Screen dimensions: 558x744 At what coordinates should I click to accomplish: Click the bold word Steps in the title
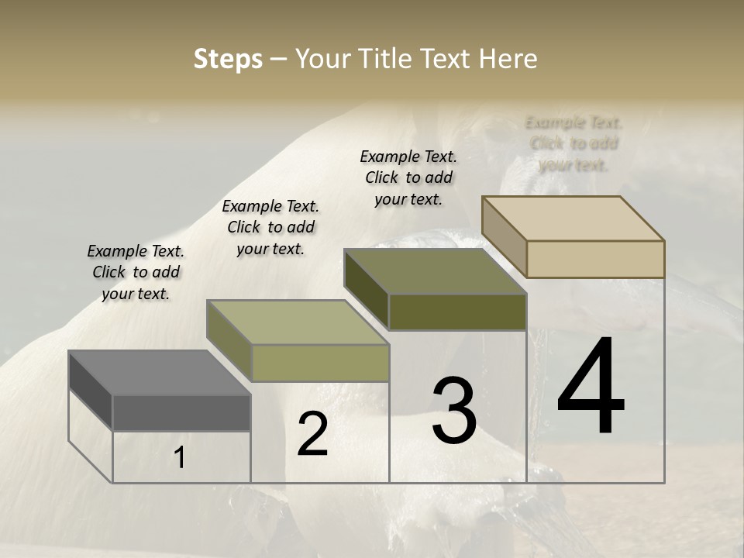tap(228, 59)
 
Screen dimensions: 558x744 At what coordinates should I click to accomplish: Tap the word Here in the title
tap(508, 59)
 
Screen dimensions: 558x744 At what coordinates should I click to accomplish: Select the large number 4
tap(591, 387)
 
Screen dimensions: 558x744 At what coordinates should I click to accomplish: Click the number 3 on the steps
tap(454, 411)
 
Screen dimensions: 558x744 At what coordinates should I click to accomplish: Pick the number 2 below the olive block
tap(312, 434)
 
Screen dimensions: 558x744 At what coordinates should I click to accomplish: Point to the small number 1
tap(180, 458)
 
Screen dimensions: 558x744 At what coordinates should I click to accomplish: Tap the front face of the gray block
tap(181, 413)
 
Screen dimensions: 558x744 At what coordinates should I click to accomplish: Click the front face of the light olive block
tap(320, 363)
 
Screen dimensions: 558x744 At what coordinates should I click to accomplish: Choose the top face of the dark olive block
tap(435, 271)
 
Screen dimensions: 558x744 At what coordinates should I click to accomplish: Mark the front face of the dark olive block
tap(457, 312)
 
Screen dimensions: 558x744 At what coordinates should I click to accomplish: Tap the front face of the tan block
tap(595, 259)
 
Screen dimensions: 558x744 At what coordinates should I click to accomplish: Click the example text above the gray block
tap(136, 273)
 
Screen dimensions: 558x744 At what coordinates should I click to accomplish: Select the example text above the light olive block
tap(270, 227)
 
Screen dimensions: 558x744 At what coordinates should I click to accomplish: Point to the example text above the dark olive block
tap(409, 177)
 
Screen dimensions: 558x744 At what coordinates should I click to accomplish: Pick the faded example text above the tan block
tap(574, 143)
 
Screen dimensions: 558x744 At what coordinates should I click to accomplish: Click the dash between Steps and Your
tap(279, 59)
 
